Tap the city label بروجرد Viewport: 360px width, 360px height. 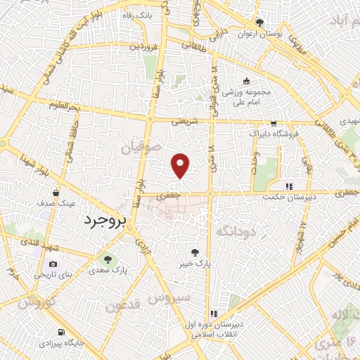pos(108,220)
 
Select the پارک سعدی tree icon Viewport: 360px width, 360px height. pos(107,259)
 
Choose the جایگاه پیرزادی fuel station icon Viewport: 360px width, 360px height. pos(60,332)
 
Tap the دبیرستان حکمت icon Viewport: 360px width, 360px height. pos(288,186)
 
